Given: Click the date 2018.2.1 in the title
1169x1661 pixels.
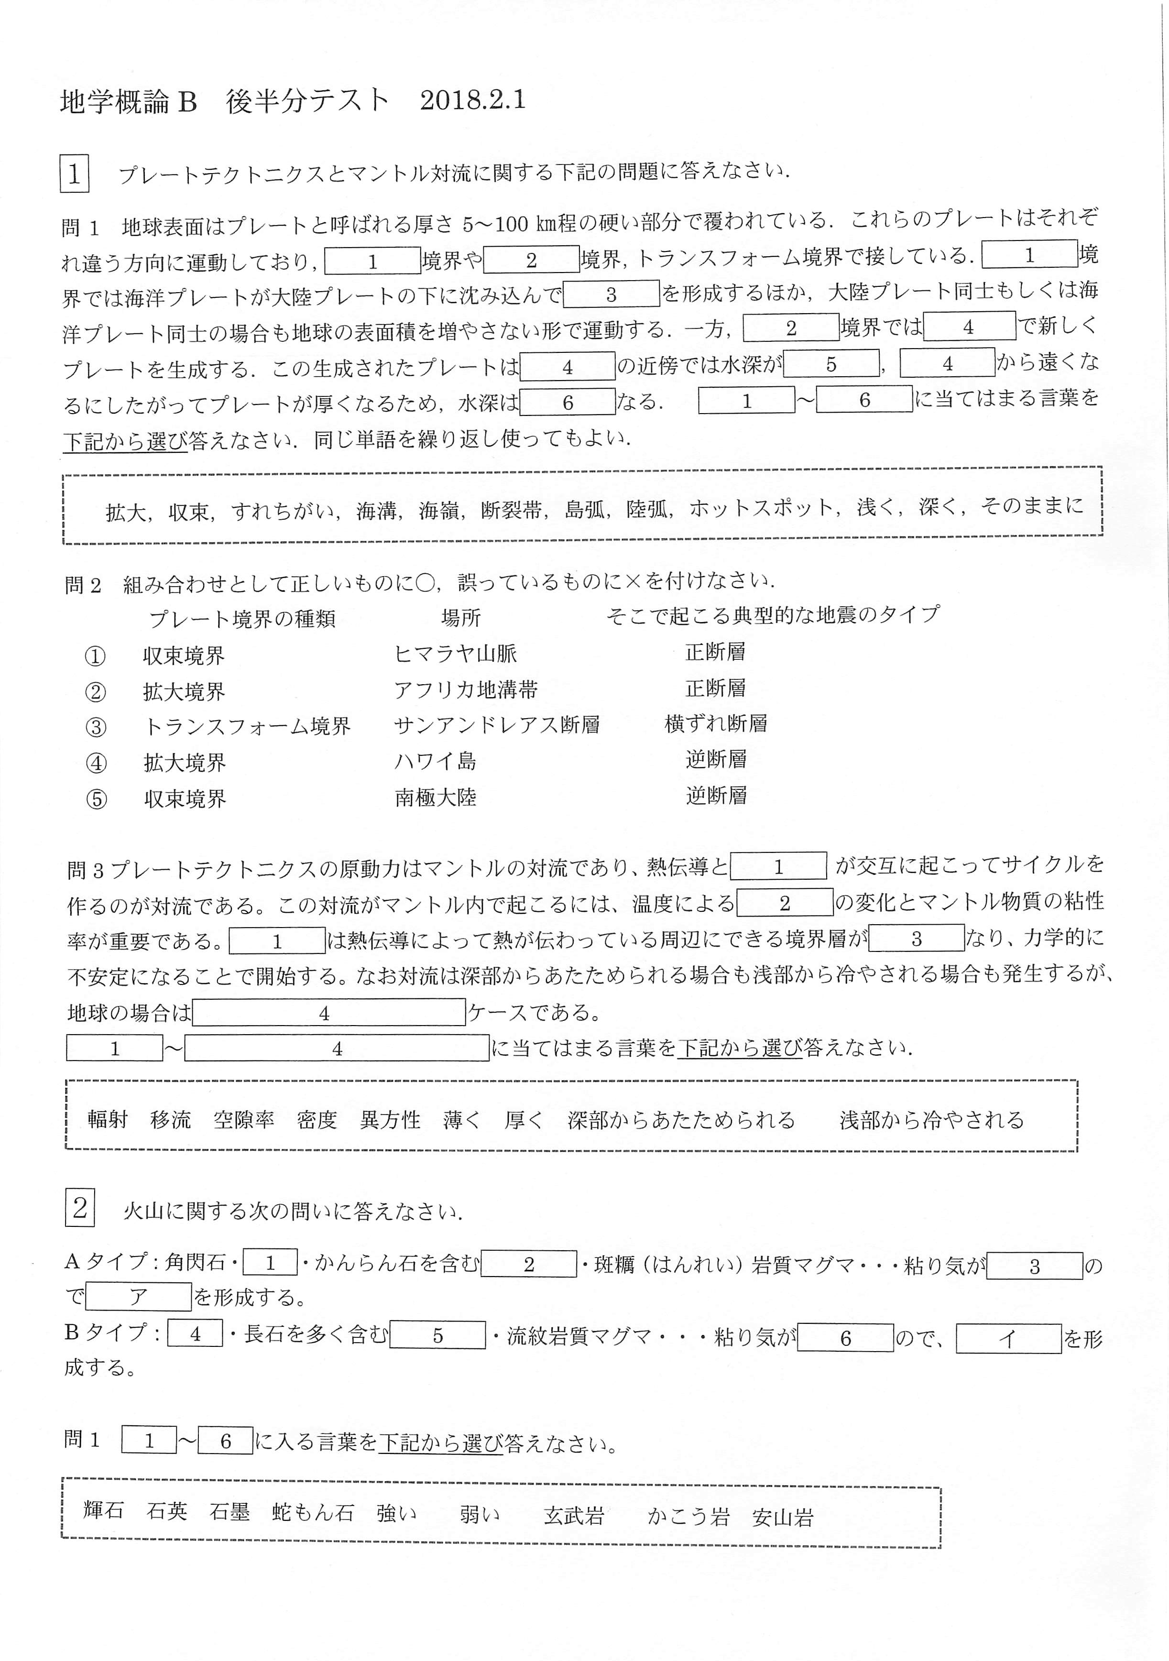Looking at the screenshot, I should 472,100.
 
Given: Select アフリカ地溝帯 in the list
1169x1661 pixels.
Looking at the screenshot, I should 465,690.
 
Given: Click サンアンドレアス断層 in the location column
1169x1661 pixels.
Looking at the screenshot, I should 497,725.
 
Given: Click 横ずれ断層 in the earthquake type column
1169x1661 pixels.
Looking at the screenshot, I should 715,723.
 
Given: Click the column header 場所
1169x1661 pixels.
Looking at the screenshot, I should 461,618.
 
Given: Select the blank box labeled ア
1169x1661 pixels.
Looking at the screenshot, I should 138,1297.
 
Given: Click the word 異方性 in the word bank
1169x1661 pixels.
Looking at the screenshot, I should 390,1120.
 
